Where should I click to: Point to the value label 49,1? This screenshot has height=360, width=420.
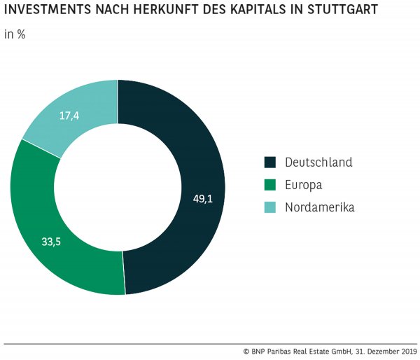(x=203, y=198)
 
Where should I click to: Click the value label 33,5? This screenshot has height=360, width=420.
(x=52, y=242)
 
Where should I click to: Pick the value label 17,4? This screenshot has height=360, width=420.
(x=69, y=116)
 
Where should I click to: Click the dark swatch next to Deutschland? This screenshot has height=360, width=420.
(x=269, y=162)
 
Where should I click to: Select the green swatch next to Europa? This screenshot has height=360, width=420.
(x=269, y=185)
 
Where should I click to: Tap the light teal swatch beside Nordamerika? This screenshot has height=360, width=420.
(x=269, y=207)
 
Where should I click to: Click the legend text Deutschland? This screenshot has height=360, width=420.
(x=318, y=162)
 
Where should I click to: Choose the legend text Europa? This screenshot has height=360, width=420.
(x=303, y=185)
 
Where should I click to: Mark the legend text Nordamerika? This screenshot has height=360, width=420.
(x=319, y=207)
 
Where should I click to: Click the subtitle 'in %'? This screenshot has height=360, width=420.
(x=15, y=34)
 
